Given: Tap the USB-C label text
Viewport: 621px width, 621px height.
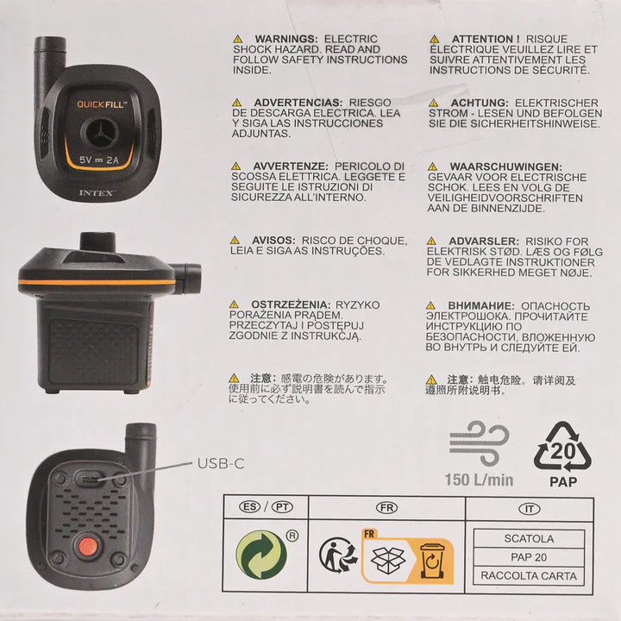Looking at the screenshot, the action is click(x=221, y=463).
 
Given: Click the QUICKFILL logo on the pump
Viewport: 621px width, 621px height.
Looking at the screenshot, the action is click(x=102, y=104).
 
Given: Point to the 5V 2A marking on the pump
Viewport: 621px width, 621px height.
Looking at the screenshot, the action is click(x=98, y=160).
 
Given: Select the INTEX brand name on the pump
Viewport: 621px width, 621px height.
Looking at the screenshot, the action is click(x=96, y=193).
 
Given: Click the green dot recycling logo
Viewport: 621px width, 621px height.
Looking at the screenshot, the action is click(x=261, y=555).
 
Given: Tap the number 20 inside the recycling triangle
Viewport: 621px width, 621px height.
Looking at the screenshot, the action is click(x=562, y=451).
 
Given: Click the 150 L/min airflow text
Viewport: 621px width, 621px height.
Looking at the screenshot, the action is click(x=480, y=480).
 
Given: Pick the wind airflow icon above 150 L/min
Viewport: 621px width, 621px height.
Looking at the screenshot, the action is click(x=480, y=443).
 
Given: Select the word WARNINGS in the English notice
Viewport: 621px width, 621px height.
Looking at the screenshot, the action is click(x=286, y=39).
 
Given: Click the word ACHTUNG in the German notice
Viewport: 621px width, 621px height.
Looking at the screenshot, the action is click(x=480, y=103).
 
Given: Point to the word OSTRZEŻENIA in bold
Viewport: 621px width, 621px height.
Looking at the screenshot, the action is click(x=291, y=305).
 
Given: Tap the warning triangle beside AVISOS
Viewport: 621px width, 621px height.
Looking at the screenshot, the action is click(x=235, y=241).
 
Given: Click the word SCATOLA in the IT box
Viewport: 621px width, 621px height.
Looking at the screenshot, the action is click(x=529, y=538).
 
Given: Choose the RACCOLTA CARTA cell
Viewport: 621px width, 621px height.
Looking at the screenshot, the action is click(x=529, y=575).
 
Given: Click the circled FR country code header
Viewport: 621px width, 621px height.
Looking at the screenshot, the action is click(x=387, y=508).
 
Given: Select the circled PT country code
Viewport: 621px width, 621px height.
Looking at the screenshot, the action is click(x=282, y=507).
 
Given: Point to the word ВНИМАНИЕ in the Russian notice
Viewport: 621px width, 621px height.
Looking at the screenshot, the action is click(x=481, y=306).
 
